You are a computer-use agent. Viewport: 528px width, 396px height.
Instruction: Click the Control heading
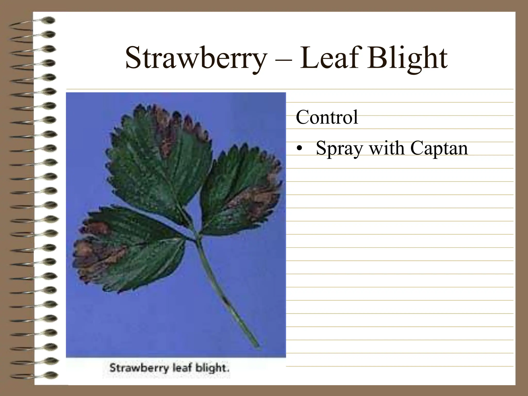tap(327, 117)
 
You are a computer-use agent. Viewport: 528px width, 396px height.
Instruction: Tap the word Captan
tap(439, 149)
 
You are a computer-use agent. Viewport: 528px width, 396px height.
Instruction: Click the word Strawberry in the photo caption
tap(139, 368)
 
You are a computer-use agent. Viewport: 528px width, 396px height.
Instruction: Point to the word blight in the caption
tap(212, 368)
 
